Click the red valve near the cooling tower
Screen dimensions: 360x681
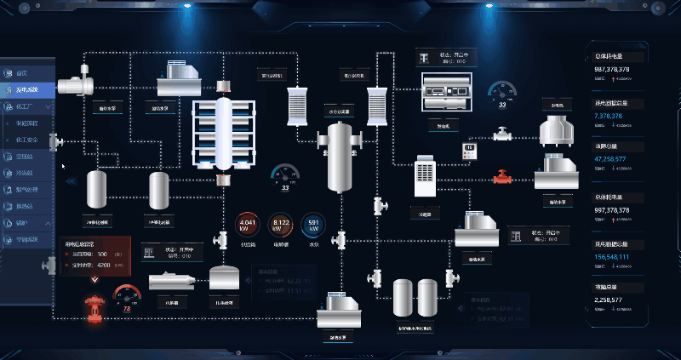coord(502,177)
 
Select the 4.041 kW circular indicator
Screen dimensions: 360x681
coord(248,226)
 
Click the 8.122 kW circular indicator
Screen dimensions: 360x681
coord(281,226)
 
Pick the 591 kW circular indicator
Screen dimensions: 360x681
coord(313,226)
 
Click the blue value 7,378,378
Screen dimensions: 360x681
coord(613,115)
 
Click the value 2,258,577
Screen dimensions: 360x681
coord(613,300)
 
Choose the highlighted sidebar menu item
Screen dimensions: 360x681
coord(28,89)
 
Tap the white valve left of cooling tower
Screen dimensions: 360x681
coord(503,133)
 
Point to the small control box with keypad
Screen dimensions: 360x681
coord(466,151)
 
